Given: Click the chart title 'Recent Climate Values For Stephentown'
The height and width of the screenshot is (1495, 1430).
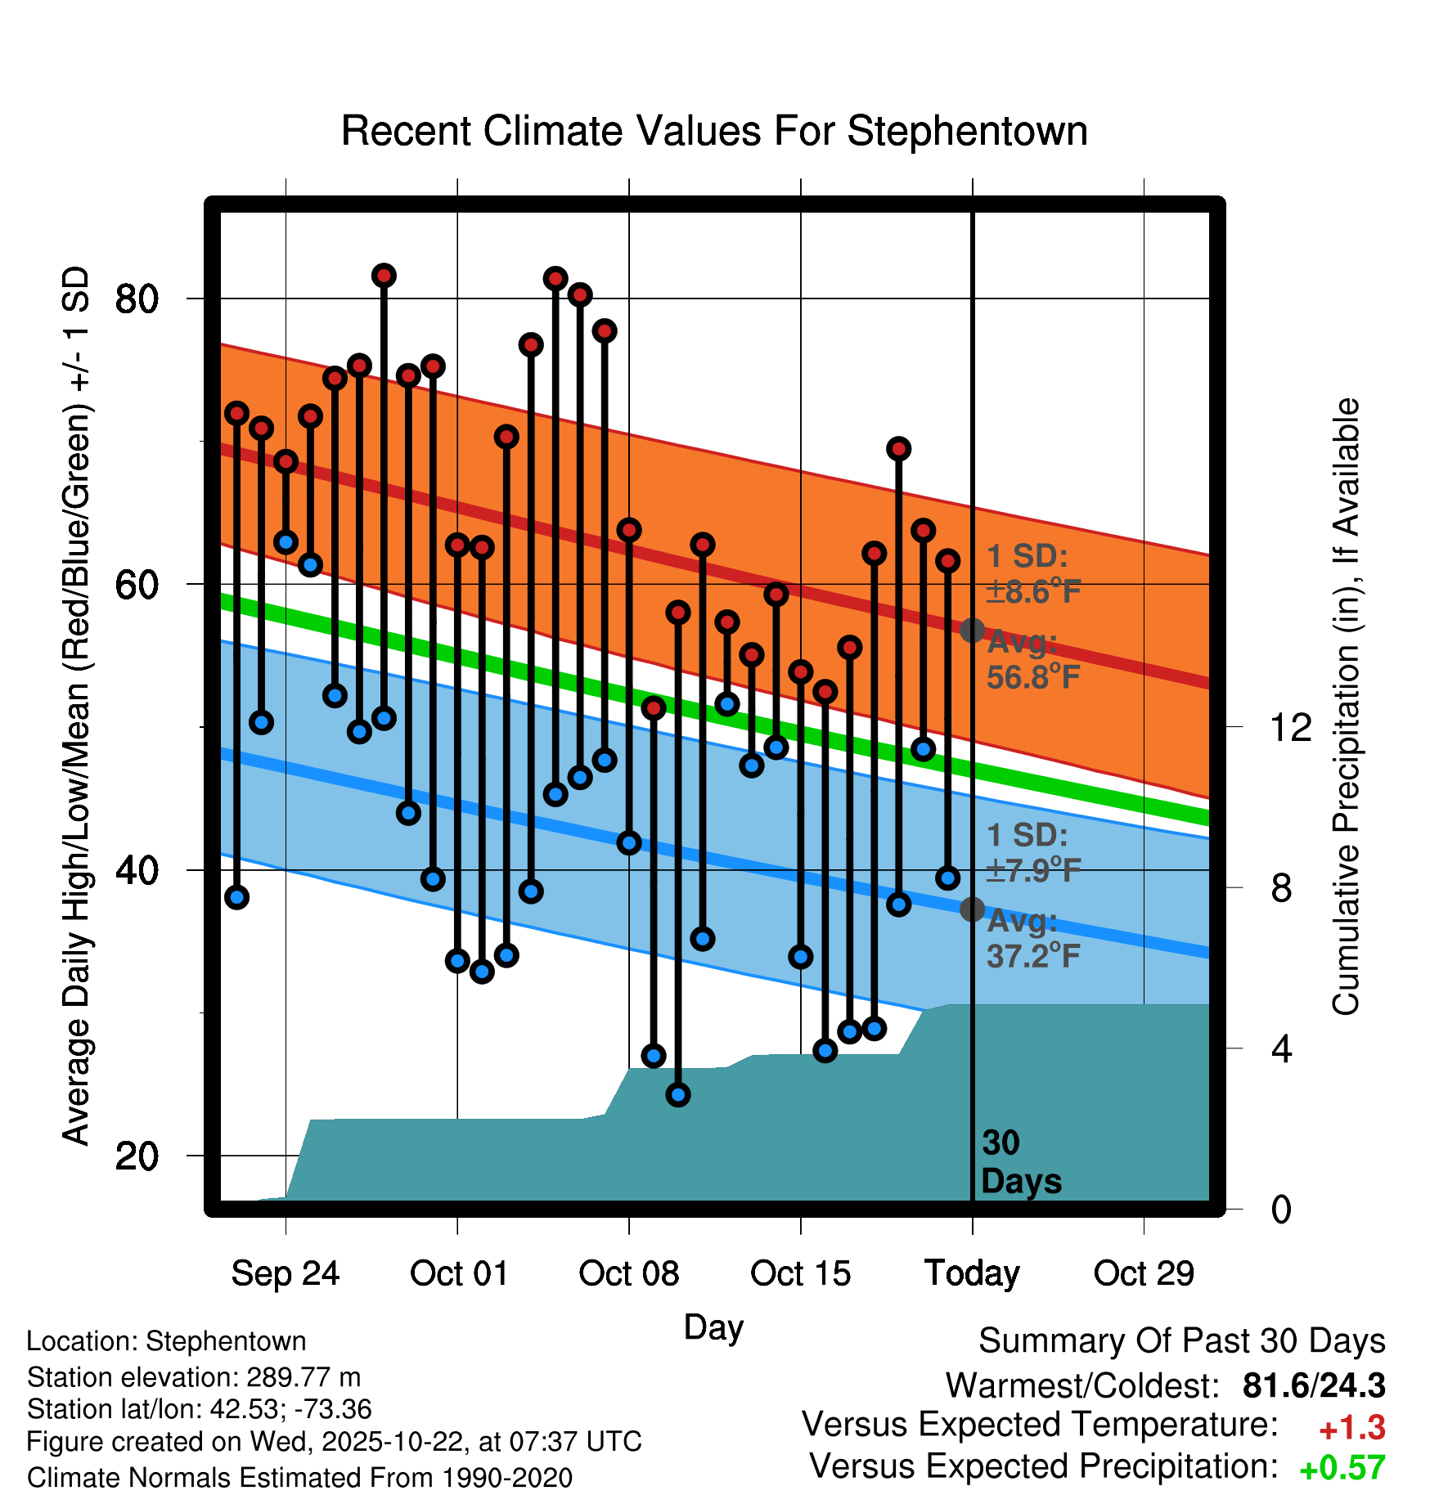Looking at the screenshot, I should tap(714, 132).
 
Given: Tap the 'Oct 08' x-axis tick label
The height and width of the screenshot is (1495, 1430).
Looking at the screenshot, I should tap(628, 1273).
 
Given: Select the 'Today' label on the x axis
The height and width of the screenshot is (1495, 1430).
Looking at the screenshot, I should tap(972, 1273).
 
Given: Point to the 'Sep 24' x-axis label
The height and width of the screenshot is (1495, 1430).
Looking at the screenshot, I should tap(285, 1273).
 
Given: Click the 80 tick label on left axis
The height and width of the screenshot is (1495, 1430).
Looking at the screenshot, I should tap(137, 299).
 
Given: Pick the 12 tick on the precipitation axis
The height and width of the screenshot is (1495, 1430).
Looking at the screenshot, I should tap(1290, 727).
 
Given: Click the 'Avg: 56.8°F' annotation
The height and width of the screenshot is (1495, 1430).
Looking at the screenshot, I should tap(1033, 660).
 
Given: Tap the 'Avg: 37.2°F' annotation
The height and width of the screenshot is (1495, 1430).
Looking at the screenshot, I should tap(1033, 938).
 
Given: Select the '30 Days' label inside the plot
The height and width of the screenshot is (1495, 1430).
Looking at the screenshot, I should tap(1020, 1162).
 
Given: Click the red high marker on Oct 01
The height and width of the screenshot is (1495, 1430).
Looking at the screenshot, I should tap(457, 545).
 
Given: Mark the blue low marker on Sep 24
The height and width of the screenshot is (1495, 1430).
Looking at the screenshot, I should tap(286, 542).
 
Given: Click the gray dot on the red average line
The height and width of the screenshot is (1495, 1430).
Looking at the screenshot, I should tap(972, 631).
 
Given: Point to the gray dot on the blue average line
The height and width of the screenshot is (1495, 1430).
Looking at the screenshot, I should tap(972, 909).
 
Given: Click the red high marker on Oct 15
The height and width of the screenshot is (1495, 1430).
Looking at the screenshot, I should tap(800, 672).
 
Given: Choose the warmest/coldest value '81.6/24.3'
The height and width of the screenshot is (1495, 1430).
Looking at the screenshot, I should tap(1313, 1386).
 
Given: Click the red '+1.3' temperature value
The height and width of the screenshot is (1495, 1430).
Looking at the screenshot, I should tap(1351, 1428).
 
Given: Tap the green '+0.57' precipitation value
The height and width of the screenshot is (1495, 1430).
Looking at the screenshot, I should tap(1342, 1468).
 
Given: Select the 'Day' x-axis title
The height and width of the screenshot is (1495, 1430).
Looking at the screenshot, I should tap(713, 1327).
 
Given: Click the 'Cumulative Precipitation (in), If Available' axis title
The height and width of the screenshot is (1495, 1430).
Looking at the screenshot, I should tap(1346, 707).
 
